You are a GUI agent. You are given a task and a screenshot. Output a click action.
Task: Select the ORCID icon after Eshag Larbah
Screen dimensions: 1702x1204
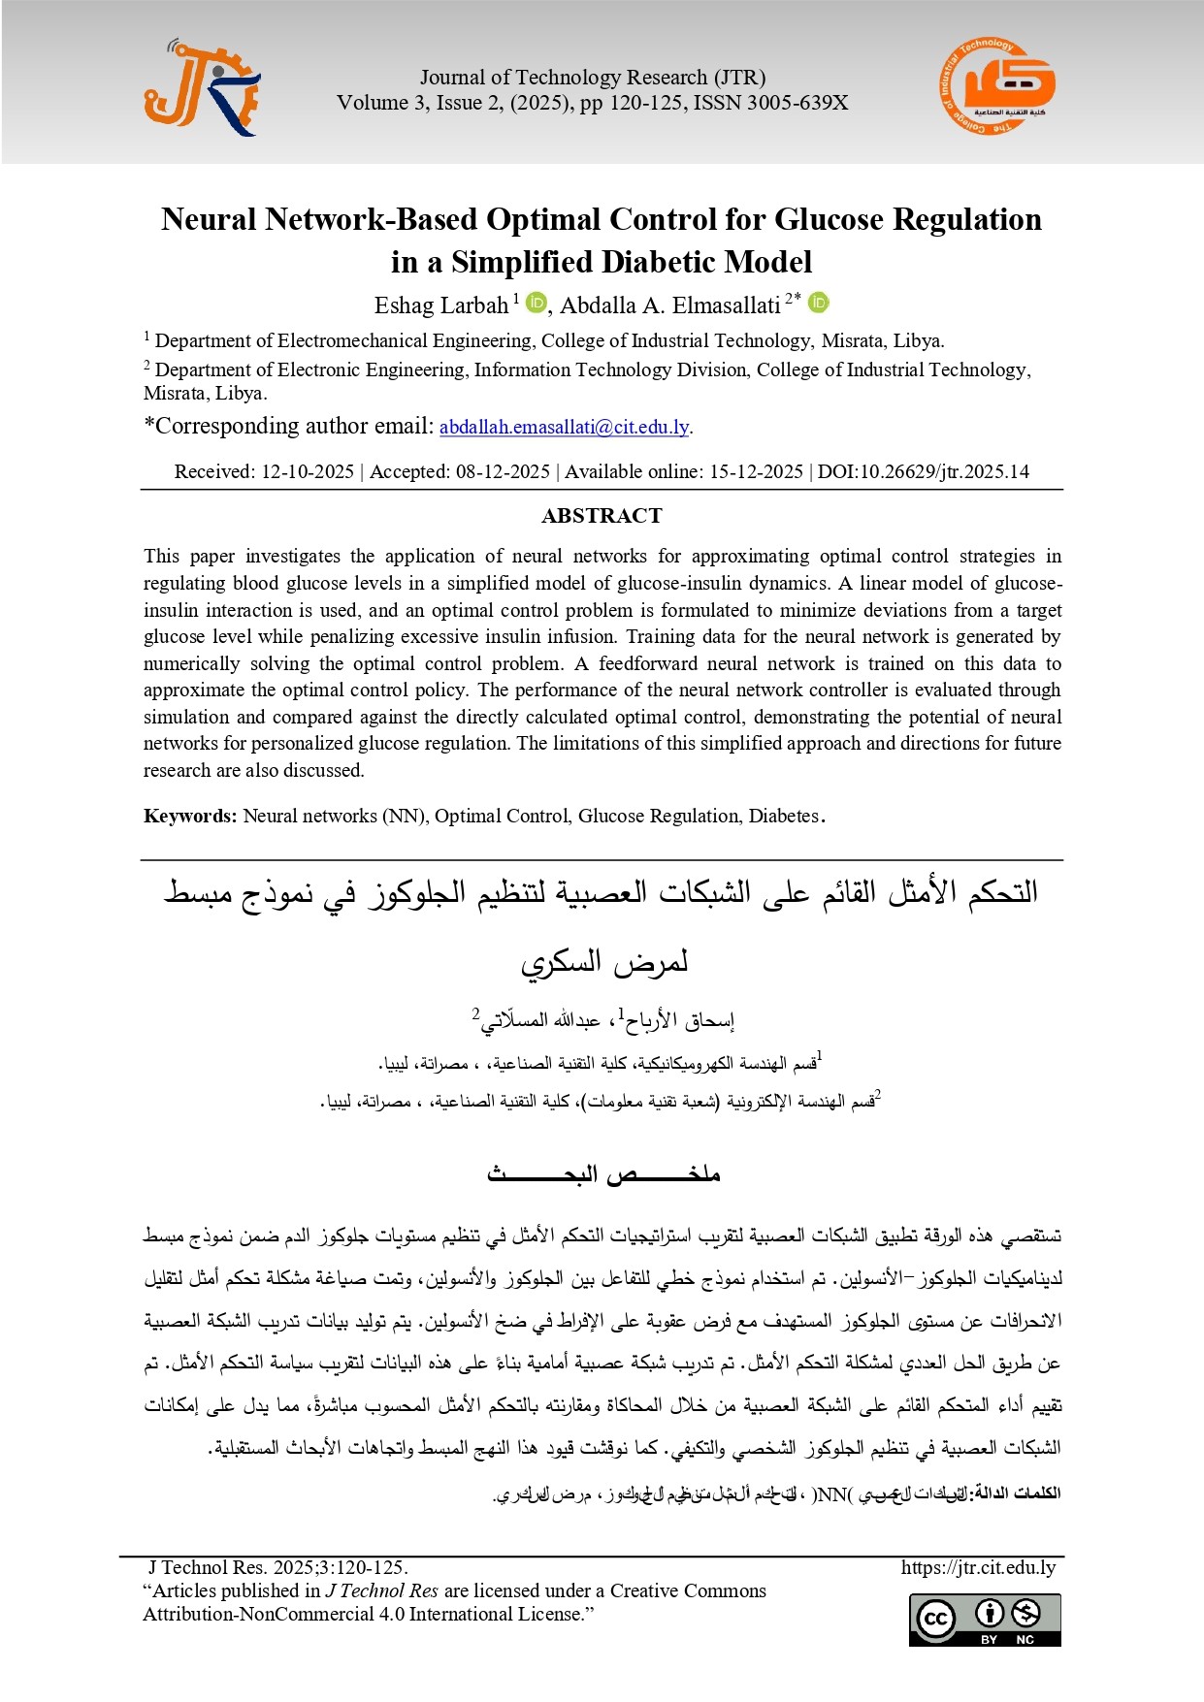(x=536, y=304)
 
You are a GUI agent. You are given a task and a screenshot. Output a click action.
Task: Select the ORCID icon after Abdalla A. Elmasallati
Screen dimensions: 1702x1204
(x=819, y=304)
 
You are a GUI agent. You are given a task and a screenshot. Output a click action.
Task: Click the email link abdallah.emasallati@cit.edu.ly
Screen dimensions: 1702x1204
(x=564, y=427)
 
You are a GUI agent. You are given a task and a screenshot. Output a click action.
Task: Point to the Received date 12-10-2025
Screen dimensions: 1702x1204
(x=307, y=472)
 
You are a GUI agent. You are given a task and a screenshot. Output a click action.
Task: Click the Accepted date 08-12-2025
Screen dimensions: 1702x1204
(x=503, y=472)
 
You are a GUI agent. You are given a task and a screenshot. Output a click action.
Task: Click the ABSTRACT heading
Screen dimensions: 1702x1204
(x=602, y=516)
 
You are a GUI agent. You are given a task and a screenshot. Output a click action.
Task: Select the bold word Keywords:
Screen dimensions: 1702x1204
(x=190, y=816)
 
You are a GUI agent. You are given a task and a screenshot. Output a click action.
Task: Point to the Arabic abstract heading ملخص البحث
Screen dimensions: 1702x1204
(x=602, y=1174)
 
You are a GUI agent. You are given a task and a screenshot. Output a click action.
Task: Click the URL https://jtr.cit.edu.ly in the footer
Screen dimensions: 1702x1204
(x=978, y=1567)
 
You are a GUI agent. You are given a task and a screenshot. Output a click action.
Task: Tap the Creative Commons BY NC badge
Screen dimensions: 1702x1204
(x=985, y=1620)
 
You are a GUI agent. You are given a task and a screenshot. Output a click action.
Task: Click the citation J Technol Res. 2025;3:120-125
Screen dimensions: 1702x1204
(x=277, y=1567)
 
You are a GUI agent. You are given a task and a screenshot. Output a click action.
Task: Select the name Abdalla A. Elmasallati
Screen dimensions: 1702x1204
(x=669, y=305)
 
